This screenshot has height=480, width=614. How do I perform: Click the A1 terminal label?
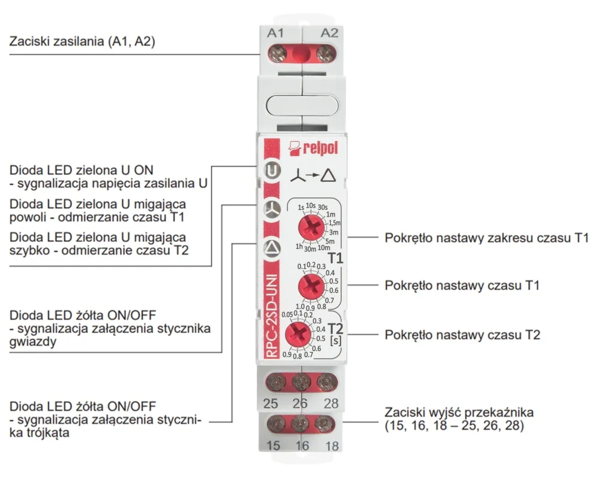[275, 34]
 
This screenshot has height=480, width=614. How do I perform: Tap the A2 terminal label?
[329, 34]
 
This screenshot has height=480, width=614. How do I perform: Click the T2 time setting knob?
[298, 335]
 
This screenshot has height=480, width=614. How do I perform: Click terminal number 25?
[270, 403]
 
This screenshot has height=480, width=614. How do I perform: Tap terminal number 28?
[331, 403]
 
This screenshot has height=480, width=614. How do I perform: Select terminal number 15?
[273, 446]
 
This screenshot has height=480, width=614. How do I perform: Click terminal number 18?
[332, 446]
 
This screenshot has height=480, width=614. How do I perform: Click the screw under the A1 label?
[276, 56]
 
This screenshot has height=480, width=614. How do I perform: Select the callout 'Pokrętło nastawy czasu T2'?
[462, 334]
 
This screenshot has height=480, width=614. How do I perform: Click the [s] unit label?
[336, 341]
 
